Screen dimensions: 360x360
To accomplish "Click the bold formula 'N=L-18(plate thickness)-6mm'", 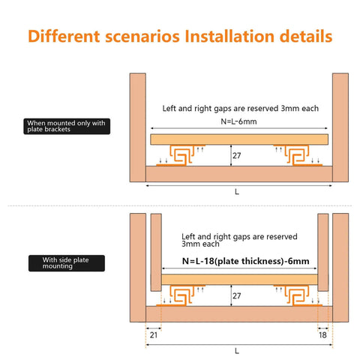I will pos(246,262).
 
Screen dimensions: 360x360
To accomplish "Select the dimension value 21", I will pos(153,335).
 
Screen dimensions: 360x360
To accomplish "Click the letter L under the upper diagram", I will pos(237,192).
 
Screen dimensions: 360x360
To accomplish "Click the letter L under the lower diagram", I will pos(237,350).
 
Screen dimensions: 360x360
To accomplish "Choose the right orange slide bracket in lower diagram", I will pos(293,295).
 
